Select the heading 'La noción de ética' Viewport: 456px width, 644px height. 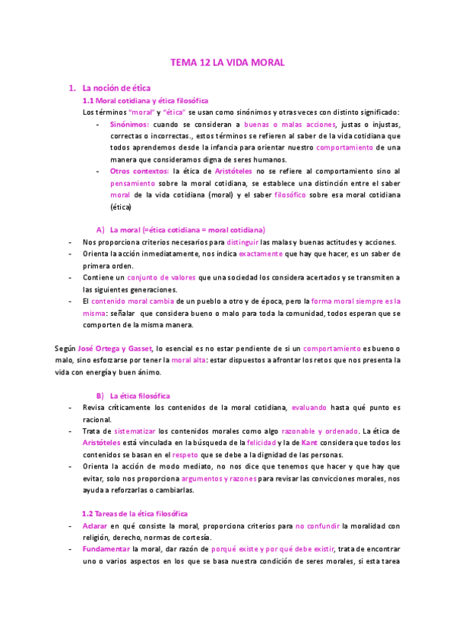(x=120, y=88)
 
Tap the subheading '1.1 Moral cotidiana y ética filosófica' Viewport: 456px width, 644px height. (x=145, y=100)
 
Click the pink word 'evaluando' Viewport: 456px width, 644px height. (x=312, y=408)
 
